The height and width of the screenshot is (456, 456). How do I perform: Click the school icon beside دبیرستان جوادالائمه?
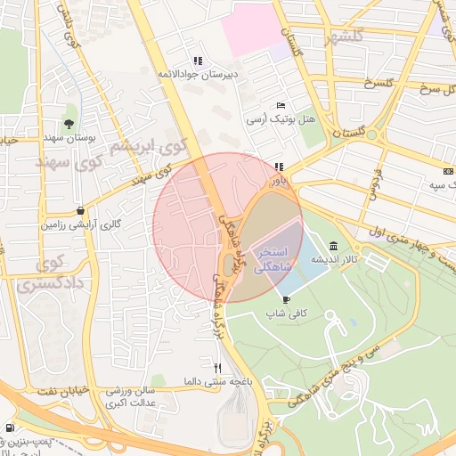pyautogui.click(x=197, y=61)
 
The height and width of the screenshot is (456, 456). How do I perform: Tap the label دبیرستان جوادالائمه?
pyautogui.click(x=197, y=75)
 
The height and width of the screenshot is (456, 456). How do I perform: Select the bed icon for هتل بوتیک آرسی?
pyautogui.click(x=281, y=106)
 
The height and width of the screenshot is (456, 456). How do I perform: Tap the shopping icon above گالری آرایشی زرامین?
pyautogui.click(x=82, y=211)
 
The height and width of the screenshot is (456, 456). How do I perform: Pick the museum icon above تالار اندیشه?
pyautogui.click(x=333, y=246)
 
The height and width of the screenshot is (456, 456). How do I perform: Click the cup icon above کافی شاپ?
pyautogui.click(x=286, y=299)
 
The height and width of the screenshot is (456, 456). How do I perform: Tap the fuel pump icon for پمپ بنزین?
pyautogui.click(x=9, y=427)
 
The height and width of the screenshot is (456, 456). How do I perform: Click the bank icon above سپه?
pyautogui.click(x=447, y=171)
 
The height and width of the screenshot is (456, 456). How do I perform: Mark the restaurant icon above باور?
pyautogui.click(x=279, y=167)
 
